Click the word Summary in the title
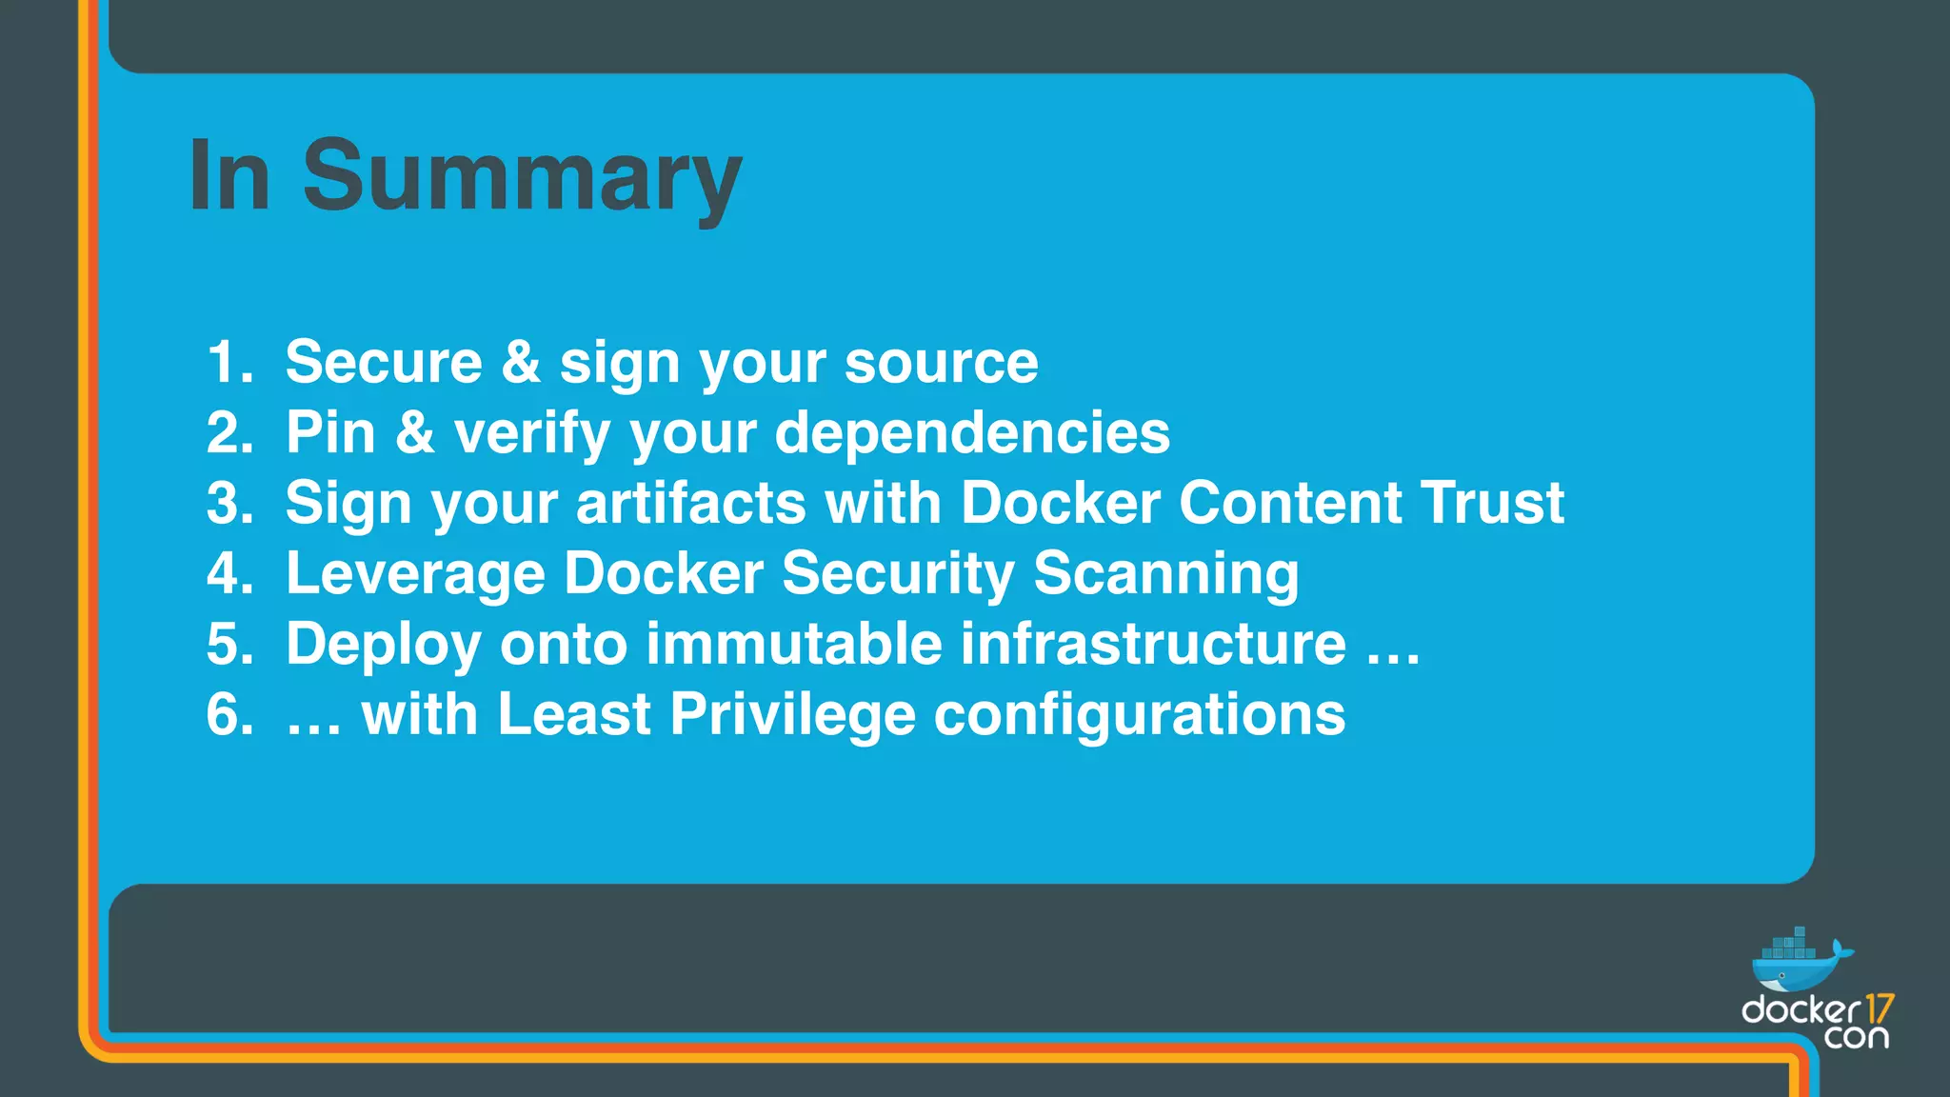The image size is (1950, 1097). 522,177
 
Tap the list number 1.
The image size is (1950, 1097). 229,363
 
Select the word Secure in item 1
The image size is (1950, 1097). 384,363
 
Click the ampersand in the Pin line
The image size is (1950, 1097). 415,433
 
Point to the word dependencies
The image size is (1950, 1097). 972,433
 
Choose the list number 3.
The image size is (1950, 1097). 229,504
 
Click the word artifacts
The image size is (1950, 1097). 691,504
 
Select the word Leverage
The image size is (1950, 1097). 415,574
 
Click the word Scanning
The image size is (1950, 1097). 1165,574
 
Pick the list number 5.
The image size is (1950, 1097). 229,645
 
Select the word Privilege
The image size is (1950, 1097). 792,715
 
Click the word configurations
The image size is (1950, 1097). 1139,715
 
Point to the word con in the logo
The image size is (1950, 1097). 1856,1036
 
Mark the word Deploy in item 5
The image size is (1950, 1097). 384,645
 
